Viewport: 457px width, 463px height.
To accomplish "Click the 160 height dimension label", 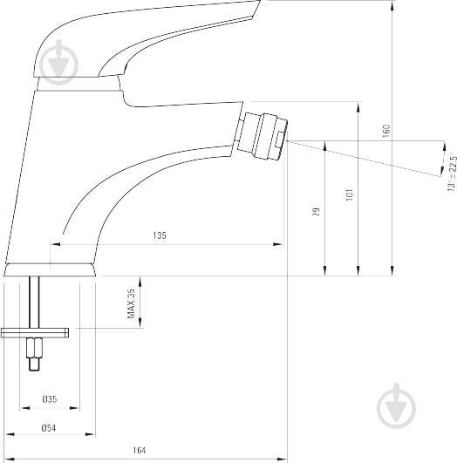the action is pos(386,131).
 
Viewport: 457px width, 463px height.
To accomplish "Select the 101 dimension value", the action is pos(350,195).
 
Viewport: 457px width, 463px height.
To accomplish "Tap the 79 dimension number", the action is pos(316,212).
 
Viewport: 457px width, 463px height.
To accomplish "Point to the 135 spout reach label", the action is pos(160,235).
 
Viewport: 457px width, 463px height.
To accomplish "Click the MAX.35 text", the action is pos(131,303).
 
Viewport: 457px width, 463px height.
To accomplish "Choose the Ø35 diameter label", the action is pos(50,399).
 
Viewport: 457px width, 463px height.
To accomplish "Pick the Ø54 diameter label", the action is pos(49,427).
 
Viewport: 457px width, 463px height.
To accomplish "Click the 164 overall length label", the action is pos(140,450).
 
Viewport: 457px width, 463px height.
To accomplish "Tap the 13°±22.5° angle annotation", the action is pos(452,172).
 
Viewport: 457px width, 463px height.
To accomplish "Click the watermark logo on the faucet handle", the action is pos(59,63).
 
